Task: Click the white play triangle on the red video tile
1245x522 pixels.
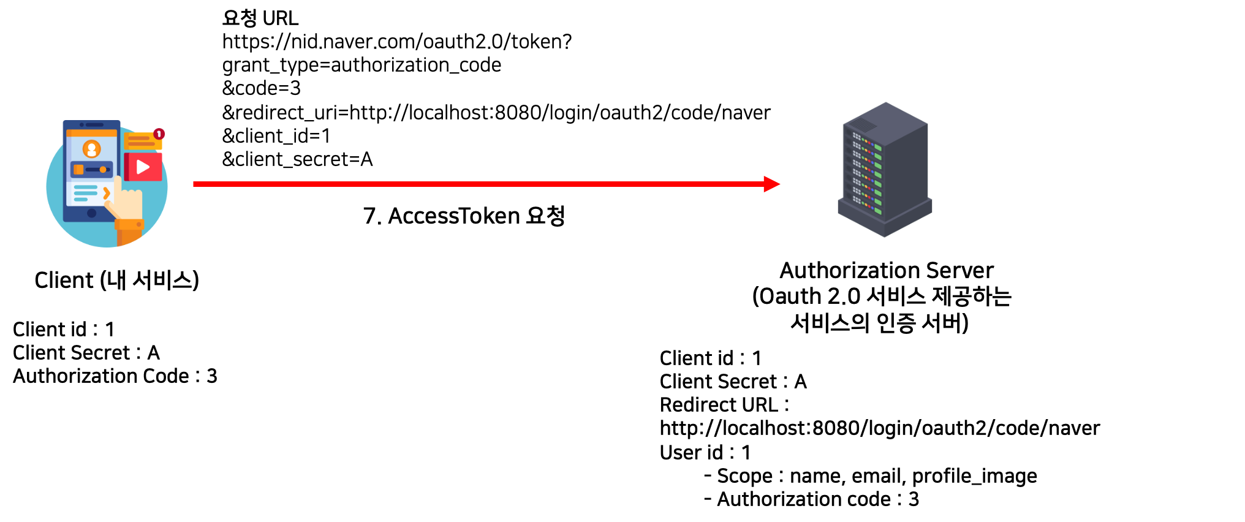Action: pyautogui.click(x=143, y=167)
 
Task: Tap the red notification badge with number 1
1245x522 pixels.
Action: pyautogui.click(x=159, y=134)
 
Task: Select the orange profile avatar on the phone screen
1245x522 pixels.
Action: pyautogui.click(x=92, y=149)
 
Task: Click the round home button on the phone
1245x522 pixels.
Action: pyautogui.click(x=92, y=213)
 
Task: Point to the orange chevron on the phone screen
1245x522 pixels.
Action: pyautogui.click(x=107, y=194)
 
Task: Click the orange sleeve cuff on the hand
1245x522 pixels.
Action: pyautogui.click(x=129, y=225)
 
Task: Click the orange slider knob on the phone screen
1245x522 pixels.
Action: pyautogui.click(x=103, y=170)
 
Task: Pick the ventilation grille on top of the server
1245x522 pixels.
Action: pyautogui.click(x=864, y=125)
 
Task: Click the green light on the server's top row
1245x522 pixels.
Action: pyautogui.click(x=878, y=148)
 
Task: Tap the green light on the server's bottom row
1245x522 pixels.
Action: pyautogui.click(x=878, y=211)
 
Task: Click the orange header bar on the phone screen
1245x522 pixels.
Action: pyautogui.click(x=92, y=133)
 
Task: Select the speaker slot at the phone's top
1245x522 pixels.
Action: pyautogui.click(x=94, y=125)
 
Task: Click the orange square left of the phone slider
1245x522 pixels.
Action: pyautogui.click(x=78, y=169)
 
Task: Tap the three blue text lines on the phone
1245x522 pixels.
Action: pyautogui.click(x=85, y=193)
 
